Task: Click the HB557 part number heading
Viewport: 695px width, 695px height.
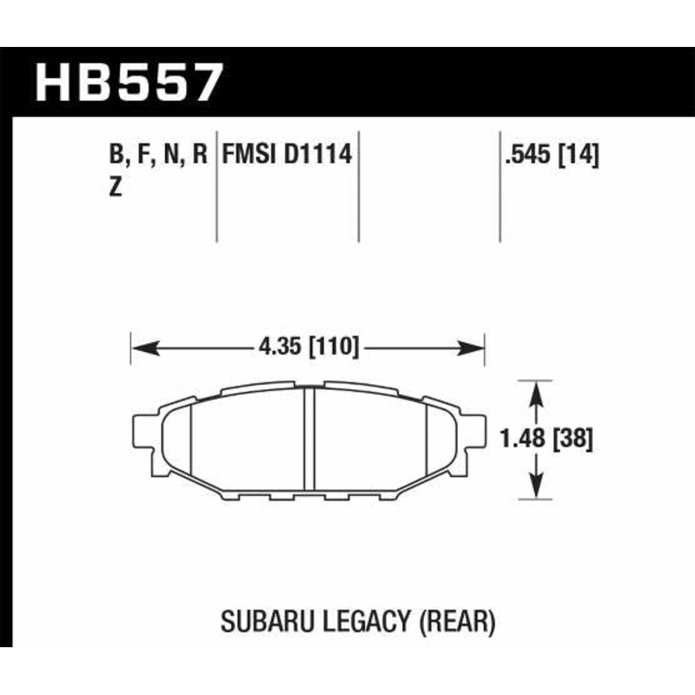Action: (129, 83)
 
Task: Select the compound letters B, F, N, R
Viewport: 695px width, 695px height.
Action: (158, 156)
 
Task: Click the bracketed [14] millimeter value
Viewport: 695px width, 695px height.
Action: (580, 156)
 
